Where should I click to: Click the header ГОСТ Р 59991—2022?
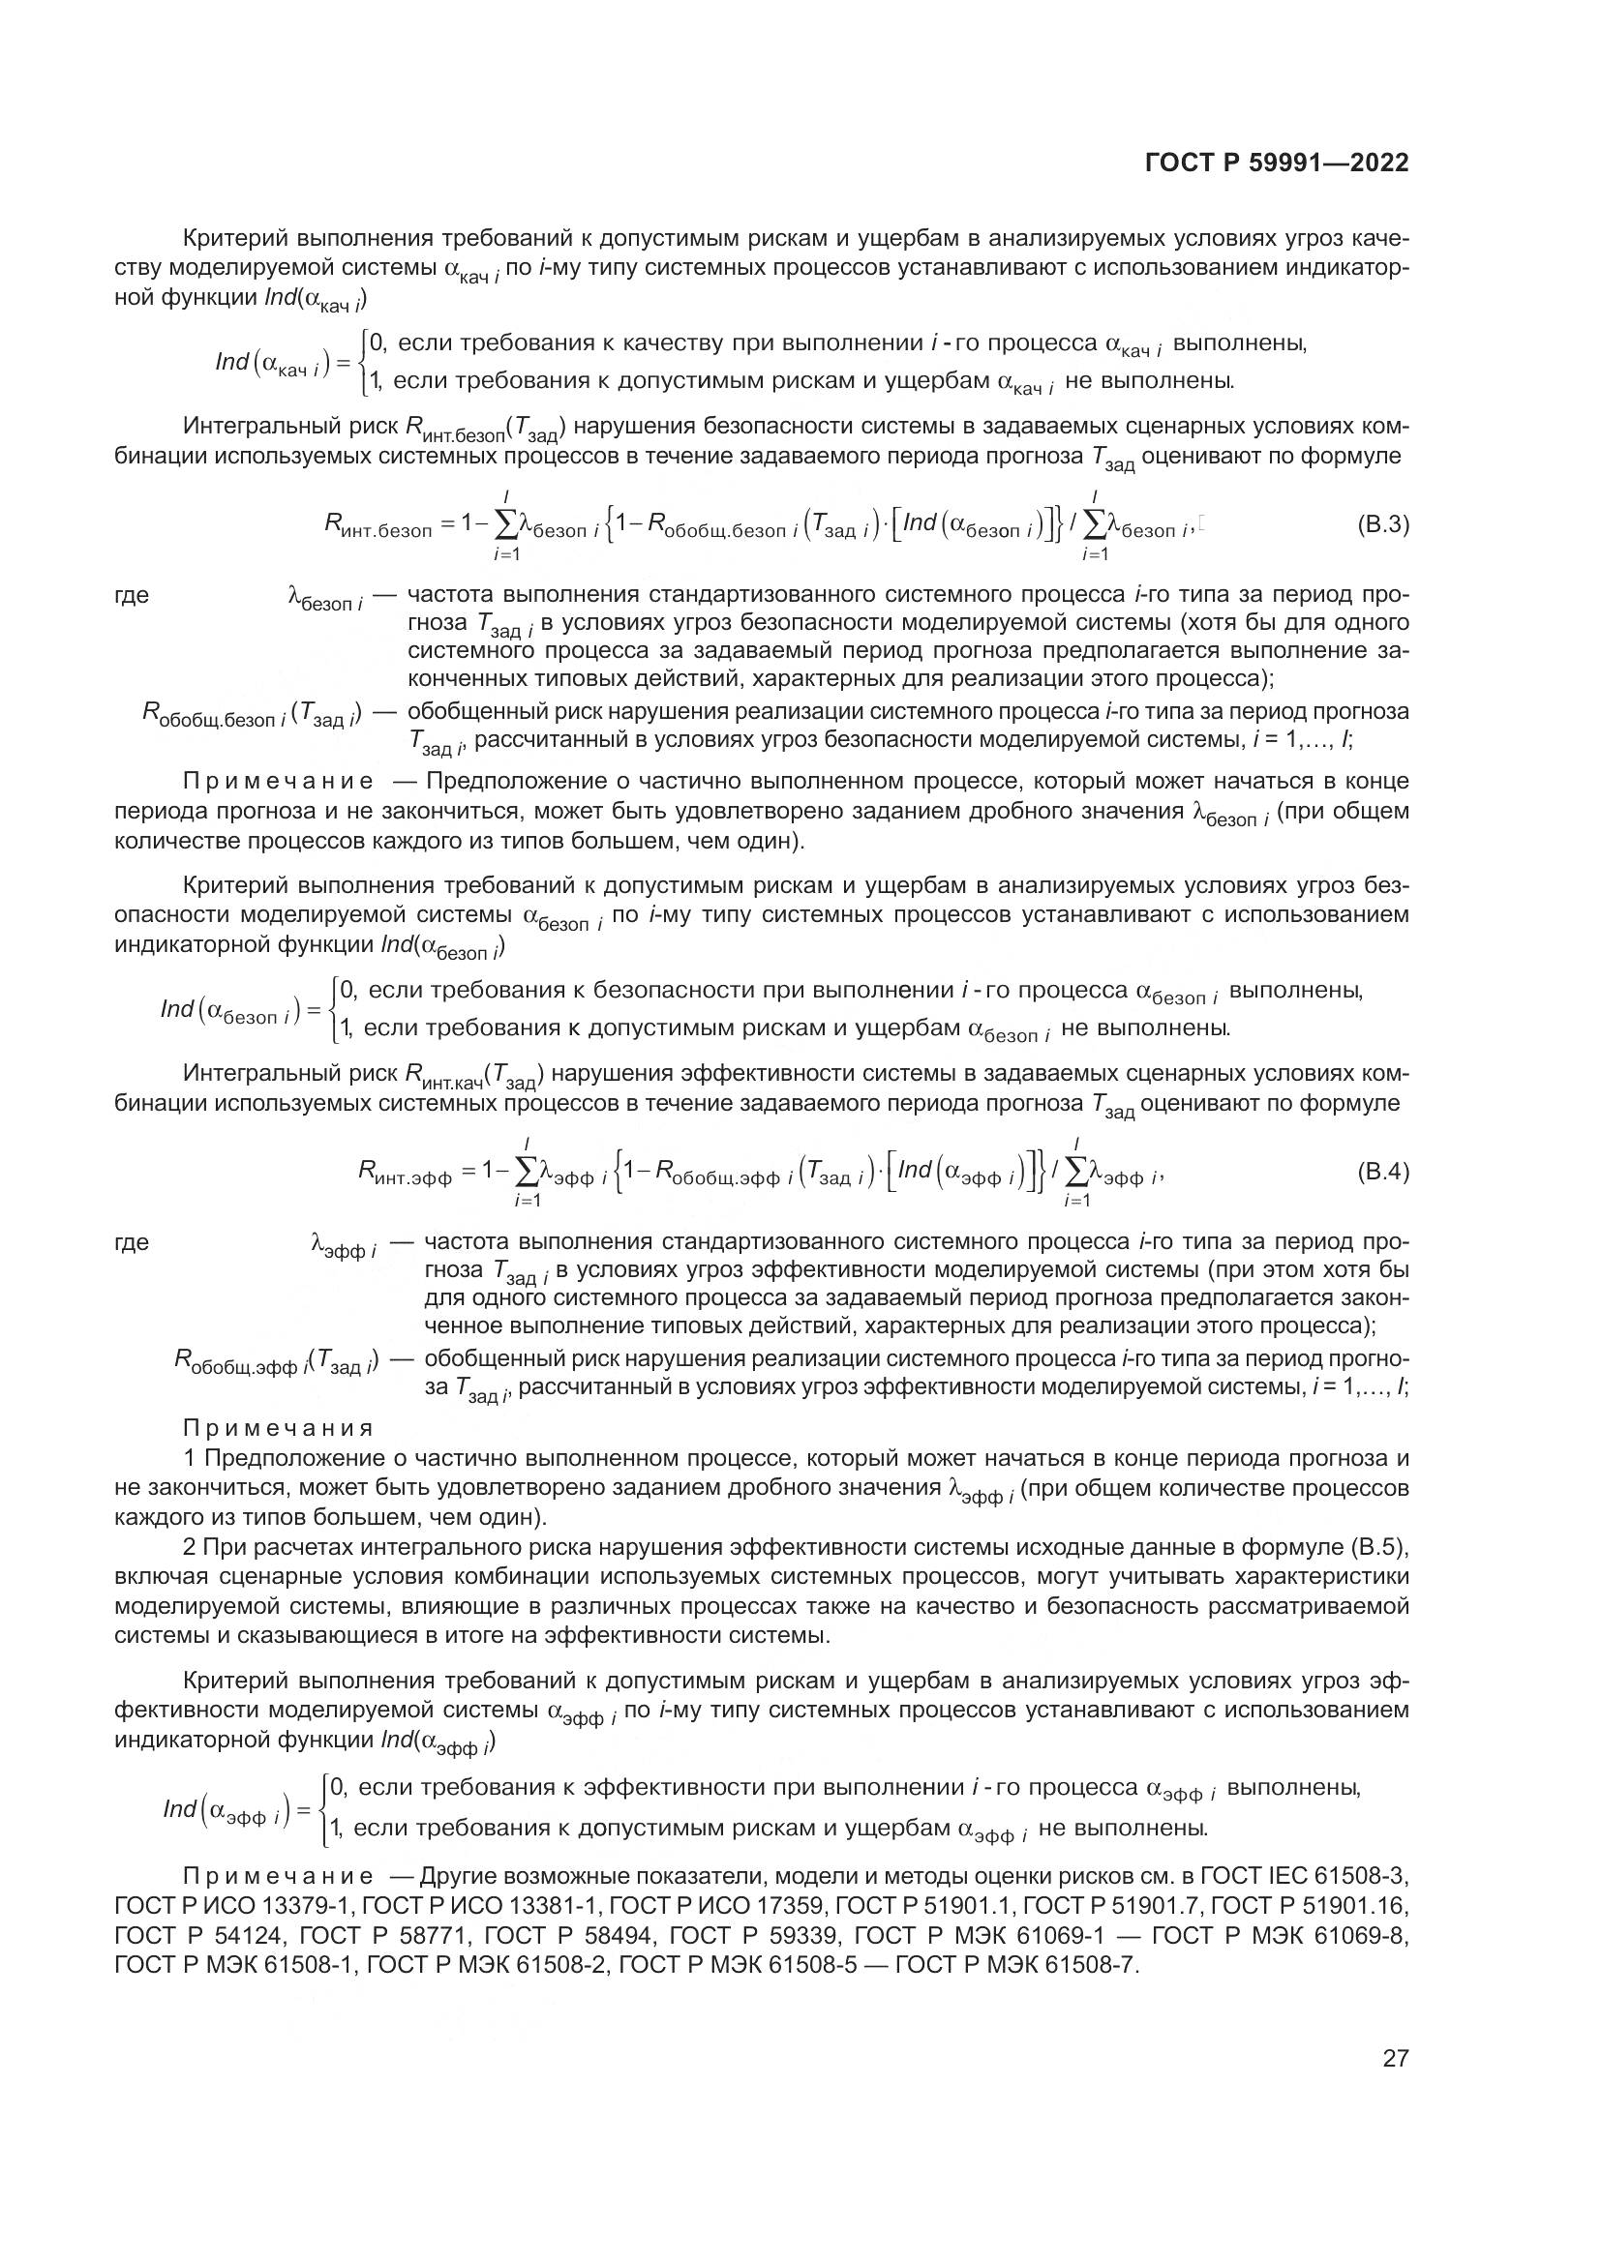coord(1277,163)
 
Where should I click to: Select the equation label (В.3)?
coord(1383,524)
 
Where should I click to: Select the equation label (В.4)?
coord(1383,1172)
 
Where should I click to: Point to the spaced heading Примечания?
coord(278,1428)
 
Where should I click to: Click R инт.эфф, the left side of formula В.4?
coord(405,1173)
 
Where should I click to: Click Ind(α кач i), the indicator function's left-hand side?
coord(274,365)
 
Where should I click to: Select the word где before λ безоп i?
coord(132,595)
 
